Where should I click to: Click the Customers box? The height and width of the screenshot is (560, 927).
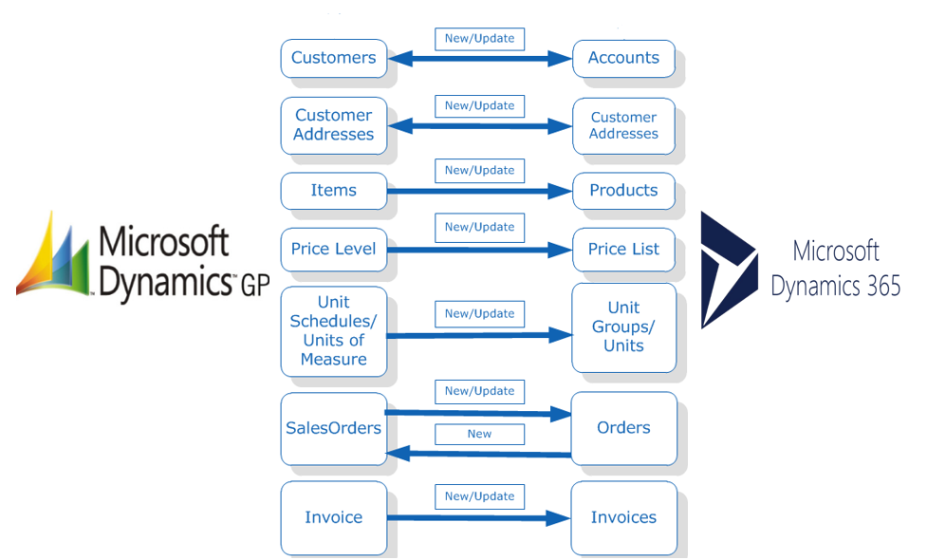(x=333, y=58)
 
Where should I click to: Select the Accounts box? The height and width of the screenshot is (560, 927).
(x=623, y=58)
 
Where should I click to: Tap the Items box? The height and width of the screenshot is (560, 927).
(x=333, y=191)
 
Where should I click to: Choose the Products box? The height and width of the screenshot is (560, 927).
(x=623, y=191)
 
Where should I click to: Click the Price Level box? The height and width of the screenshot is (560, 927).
(x=333, y=249)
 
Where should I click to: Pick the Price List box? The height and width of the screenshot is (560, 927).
(x=623, y=249)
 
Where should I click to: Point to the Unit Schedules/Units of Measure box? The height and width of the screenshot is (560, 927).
(x=333, y=331)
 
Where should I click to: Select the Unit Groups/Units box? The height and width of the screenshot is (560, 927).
(x=623, y=327)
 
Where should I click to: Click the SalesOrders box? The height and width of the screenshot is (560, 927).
(x=333, y=428)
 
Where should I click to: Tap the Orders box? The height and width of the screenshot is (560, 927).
(x=623, y=428)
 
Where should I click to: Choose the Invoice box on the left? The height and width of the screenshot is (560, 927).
(x=333, y=517)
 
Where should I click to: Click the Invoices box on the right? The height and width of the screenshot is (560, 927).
(x=623, y=517)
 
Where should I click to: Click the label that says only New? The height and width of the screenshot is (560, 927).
(x=479, y=434)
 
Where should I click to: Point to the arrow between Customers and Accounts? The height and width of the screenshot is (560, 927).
(x=479, y=59)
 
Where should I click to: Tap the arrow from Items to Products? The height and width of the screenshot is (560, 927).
(x=479, y=191)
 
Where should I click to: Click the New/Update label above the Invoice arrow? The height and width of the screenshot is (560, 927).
(x=479, y=496)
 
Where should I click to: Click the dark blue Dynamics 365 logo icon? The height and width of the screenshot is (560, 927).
(x=729, y=270)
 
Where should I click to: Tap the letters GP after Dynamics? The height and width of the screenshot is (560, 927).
(x=255, y=286)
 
